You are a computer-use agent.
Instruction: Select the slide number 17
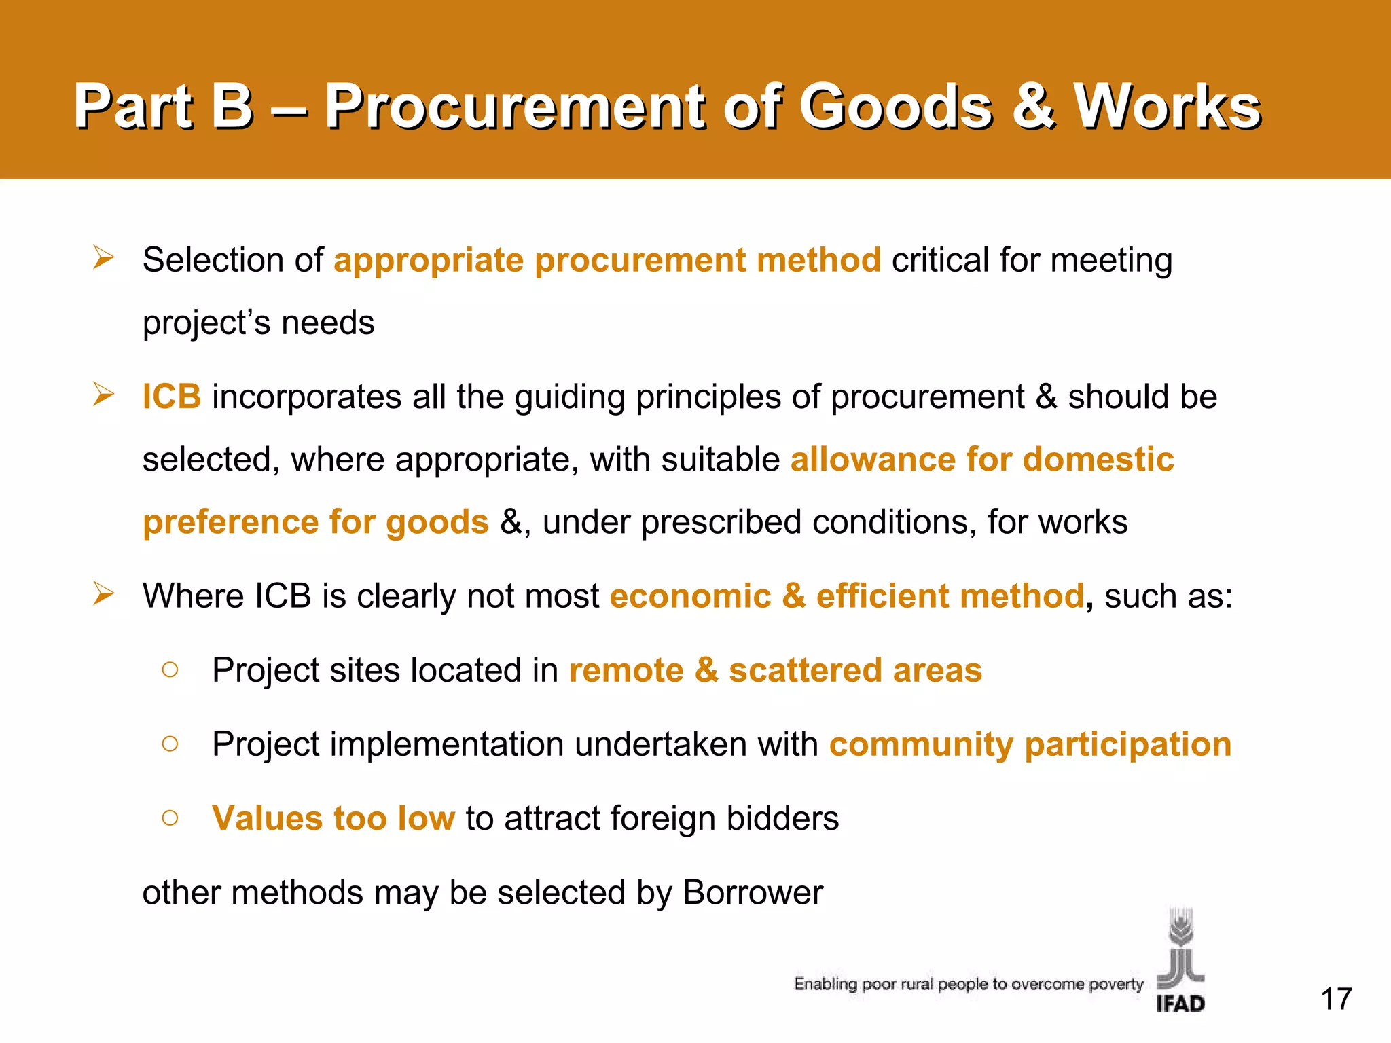[1336, 999]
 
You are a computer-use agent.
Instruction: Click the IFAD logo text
[1180, 1004]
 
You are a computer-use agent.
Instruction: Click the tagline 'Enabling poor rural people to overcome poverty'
[969, 984]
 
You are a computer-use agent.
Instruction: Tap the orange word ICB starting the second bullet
[171, 397]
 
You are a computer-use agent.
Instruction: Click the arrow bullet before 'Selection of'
[104, 258]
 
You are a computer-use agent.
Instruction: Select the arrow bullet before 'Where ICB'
[104, 594]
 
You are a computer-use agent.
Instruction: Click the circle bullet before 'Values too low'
[170, 818]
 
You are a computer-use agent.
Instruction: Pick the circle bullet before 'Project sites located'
[170, 670]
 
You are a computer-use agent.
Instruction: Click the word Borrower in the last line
[753, 892]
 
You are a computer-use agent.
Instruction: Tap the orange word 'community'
[921, 744]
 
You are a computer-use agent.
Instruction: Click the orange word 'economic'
[690, 596]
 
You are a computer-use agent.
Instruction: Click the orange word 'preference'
[230, 522]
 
